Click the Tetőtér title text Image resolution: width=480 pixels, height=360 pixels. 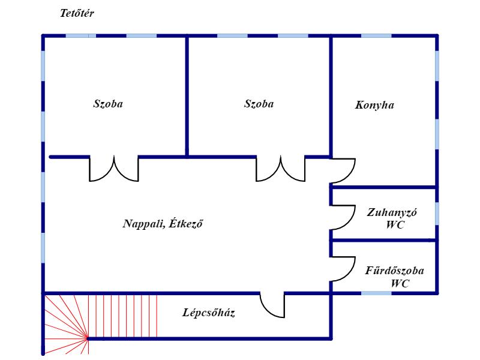pyautogui.click(x=77, y=13)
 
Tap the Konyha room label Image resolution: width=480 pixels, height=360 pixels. pyautogui.click(x=374, y=106)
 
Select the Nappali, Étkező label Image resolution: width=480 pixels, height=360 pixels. pyautogui.click(x=163, y=223)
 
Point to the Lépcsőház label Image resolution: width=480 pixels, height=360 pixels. pyautogui.click(x=209, y=313)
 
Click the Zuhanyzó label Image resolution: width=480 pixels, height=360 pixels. pyautogui.click(x=392, y=212)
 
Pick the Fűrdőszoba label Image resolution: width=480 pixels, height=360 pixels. pyautogui.click(x=395, y=271)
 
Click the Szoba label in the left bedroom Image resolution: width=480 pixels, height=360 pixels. pyautogui.click(x=108, y=104)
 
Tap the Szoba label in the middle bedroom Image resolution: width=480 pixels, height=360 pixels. pyautogui.click(x=259, y=104)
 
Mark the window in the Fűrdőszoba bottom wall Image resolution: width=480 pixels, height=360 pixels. pyautogui.click(x=376, y=293)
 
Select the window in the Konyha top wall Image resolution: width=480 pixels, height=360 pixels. pyautogui.click(x=376, y=36)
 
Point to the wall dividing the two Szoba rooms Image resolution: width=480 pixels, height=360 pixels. pyautogui.click(x=187, y=97)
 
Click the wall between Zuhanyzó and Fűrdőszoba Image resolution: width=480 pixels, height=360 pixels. pyautogui.click(x=384, y=241)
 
